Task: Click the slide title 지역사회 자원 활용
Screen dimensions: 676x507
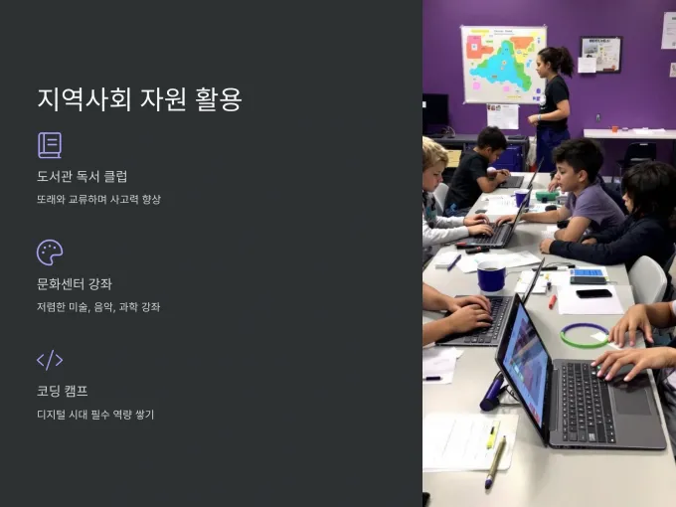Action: coord(139,99)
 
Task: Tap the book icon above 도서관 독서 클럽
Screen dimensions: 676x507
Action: coord(50,145)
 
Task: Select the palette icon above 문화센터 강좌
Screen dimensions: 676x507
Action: coord(50,253)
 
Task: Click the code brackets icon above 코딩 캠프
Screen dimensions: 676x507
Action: coord(50,360)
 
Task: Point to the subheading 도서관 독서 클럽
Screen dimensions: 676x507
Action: coord(82,176)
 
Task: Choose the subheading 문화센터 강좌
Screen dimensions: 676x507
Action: coord(75,283)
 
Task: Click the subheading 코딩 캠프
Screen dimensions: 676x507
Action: coord(62,391)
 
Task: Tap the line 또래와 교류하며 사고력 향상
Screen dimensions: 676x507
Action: coord(98,199)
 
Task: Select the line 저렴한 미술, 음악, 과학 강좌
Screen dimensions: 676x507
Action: coord(98,307)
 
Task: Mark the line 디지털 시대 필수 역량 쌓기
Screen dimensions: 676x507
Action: coord(95,415)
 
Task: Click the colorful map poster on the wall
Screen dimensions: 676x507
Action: coord(504,65)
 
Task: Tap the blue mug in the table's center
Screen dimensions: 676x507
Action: coord(491,276)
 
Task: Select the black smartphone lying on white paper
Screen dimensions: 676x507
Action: coord(593,293)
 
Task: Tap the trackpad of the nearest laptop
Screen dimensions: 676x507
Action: coord(631,401)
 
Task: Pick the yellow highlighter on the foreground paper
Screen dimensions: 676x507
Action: coord(492,434)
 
